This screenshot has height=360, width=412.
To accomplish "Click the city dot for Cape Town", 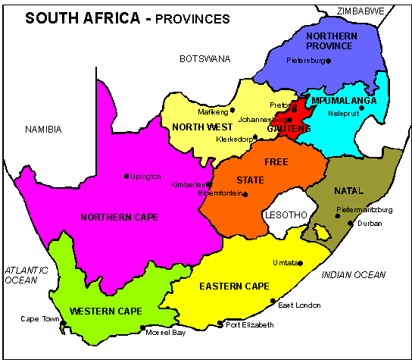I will pyautogui.click(x=64, y=324).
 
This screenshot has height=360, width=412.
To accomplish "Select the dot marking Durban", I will pyautogui.click(x=350, y=223).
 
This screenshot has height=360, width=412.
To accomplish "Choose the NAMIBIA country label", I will pyautogui.click(x=43, y=130).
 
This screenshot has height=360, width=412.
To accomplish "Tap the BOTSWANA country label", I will pyautogui.click(x=204, y=58).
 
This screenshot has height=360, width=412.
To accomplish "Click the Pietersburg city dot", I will pyautogui.click(x=329, y=61).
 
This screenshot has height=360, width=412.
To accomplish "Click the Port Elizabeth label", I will pyautogui.click(x=248, y=325).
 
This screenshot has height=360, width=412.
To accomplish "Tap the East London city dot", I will pyautogui.click(x=273, y=301).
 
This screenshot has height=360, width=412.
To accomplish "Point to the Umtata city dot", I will pyautogui.click(x=301, y=263).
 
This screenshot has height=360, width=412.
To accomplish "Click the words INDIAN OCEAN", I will pyautogui.click(x=354, y=274).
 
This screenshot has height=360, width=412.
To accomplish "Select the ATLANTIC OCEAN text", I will pyautogui.click(x=25, y=274).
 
